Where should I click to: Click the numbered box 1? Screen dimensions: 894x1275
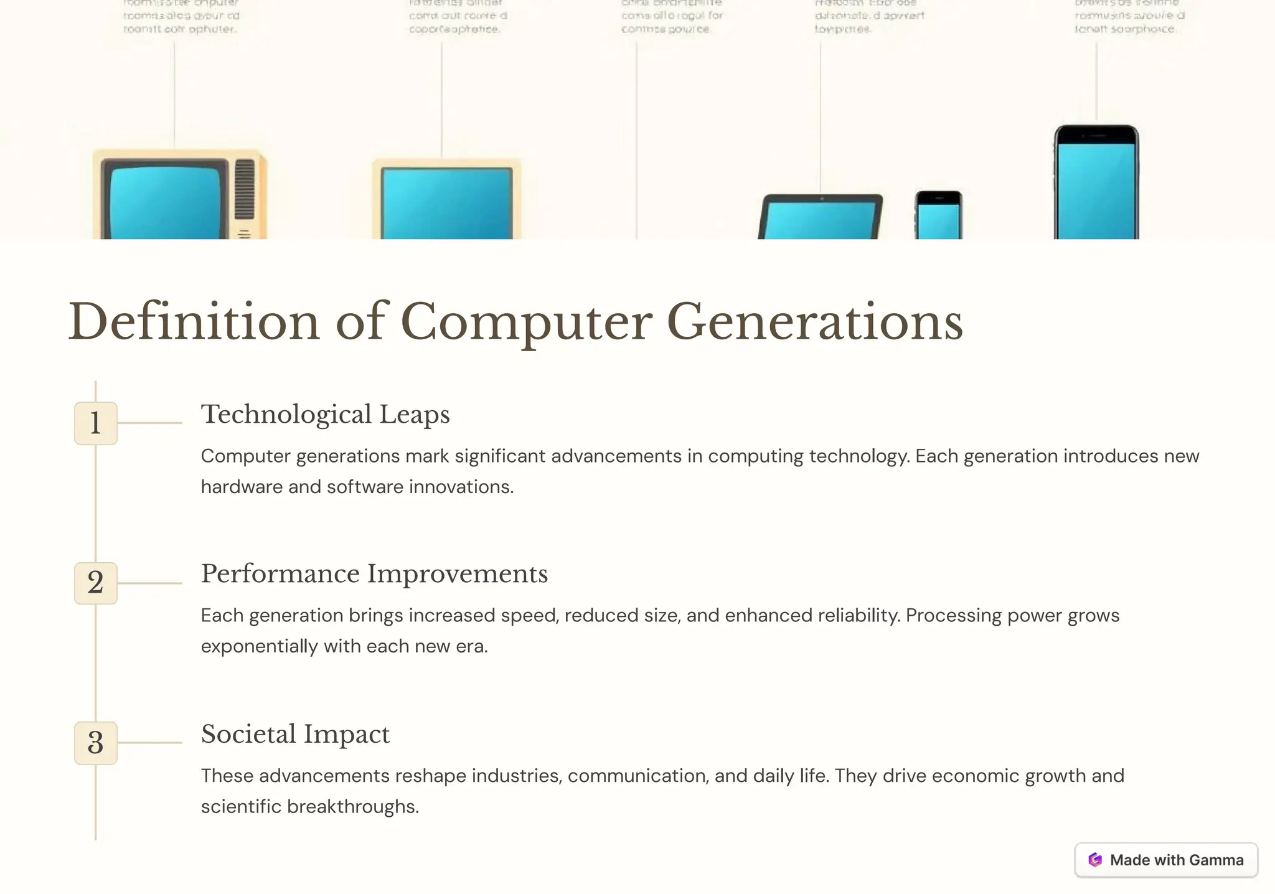(x=95, y=423)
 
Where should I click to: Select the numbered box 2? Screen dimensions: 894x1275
(x=95, y=583)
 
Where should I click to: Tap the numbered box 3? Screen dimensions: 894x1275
(x=95, y=743)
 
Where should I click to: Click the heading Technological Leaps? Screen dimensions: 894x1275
(x=325, y=415)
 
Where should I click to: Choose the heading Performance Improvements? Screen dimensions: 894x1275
(x=374, y=574)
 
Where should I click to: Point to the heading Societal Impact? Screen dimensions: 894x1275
(x=295, y=734)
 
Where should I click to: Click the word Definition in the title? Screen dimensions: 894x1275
(x=194, y=322)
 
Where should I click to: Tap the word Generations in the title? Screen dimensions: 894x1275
(x=814, y=322)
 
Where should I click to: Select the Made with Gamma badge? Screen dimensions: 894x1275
(x=1166, y=860)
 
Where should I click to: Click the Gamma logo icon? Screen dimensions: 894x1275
(x=1095, y=860)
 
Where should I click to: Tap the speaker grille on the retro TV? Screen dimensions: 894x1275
(x=245, y=189)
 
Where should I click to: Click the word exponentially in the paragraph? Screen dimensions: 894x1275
(x=260, y=646)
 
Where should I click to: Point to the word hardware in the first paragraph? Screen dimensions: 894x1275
(x=242, y=487)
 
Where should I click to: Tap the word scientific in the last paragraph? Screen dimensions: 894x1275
(x=241, y=807)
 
